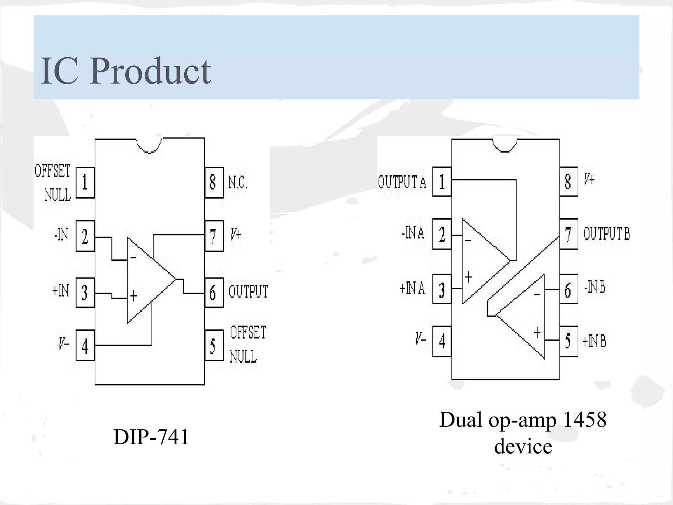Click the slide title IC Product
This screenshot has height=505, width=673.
pyautogui.click(x=126, y=71)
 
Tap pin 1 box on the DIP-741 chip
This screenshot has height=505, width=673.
pyautogui.click(x=85, y=182)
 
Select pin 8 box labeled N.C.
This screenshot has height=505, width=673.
pyautogui.click(x=214, y=182)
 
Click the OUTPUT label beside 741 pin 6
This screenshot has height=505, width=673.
pyautogui.click(x=248, y=292)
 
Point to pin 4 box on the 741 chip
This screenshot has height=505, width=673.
pyautogui.click(x=85, y=346)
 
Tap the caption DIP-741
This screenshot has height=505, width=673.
pyautogui.click(x=151, y=437)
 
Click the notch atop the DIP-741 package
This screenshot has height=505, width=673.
pyautogui.click(x=150, y=146)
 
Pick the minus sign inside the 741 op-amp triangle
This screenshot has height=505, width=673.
pyautogui.click(x=133, y=257)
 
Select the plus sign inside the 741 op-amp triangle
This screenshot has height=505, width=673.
pyautogui.click(x=133, y=296)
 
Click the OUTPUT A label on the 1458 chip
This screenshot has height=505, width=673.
pyautogui.click(x=402, y=182)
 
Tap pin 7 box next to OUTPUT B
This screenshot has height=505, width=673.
pyautogui.click(x=569, y=234)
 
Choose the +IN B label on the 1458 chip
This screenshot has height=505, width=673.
pyautogui.click(x=594, y=341)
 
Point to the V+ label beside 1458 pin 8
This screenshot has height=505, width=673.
pyautogui.click(x=589, y=180)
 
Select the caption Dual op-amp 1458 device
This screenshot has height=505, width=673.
pyautogui.click(x=523, y=433)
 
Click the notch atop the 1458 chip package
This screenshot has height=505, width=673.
pyautogui.click(x=505, y=146)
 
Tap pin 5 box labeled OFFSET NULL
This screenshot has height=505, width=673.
pyautogui.click(x=214, y=346)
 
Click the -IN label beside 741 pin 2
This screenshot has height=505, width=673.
pyautogui.click(x=61, y=235)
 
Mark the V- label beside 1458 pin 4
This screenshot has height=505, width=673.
pyautogui.click(x=421, y=339)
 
